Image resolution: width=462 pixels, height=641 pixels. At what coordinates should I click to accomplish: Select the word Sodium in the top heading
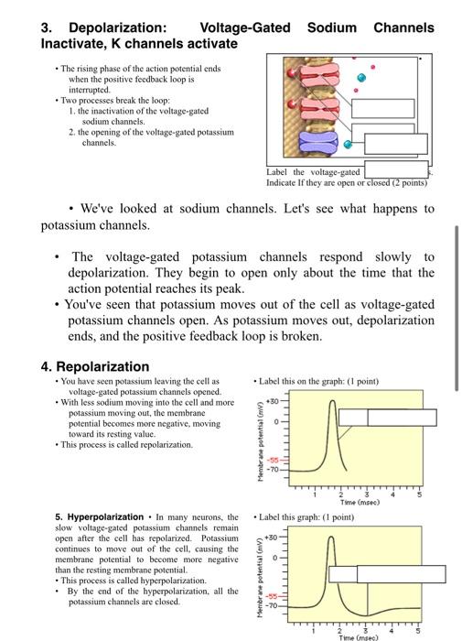tap(331, 27)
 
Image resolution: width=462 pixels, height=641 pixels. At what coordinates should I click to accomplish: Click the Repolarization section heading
tap(95, 366)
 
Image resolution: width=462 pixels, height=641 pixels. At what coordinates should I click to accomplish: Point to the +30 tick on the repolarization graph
tap(271, 400)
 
